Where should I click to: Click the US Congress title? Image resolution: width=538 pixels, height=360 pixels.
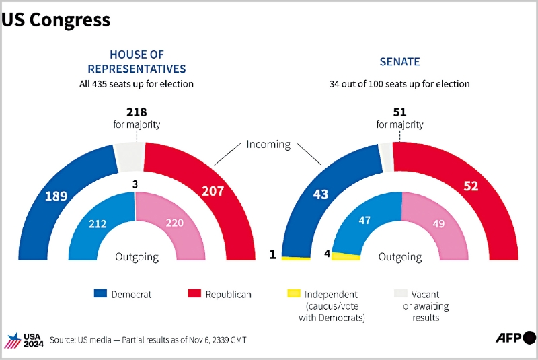[56, 20]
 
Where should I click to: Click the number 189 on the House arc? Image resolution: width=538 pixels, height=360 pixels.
[56, 196]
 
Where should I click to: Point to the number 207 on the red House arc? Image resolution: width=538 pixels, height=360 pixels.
[213, 192]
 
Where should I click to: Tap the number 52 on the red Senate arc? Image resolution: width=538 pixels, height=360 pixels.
[470, 186]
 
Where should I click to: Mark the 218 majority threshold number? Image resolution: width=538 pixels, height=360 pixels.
[136, 112]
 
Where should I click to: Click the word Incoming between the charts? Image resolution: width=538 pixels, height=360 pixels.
[268, 145]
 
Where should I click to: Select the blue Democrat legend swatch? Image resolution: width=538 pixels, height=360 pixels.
[100, 294]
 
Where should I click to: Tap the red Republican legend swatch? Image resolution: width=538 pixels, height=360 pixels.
[194, 294]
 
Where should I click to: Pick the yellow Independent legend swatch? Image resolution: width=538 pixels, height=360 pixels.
[293, 294]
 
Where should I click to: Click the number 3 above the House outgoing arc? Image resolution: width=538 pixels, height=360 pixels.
[135, 184]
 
